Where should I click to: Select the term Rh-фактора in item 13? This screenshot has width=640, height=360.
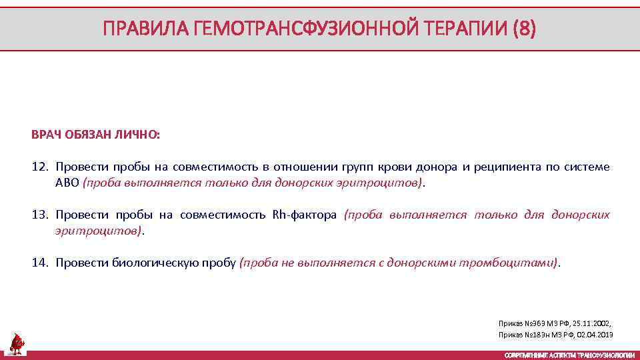[x=305, y=215]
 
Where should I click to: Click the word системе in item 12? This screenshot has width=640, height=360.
[x=587, y=167]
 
